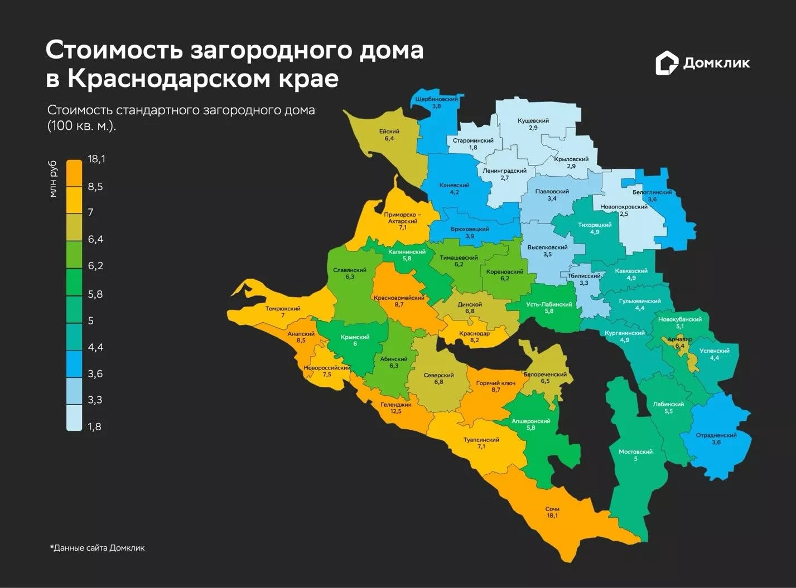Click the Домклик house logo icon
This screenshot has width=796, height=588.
click(666, 64)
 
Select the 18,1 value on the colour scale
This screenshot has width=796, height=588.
click(96, 159)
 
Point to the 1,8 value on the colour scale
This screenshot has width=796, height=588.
click(95, 427)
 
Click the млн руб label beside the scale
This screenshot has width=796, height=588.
click(53, 178)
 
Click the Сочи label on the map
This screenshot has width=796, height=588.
click(552, 509)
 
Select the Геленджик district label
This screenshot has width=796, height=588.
click(396, 405)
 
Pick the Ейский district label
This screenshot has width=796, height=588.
click(389, 132)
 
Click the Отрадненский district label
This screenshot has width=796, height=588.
click(716, 435)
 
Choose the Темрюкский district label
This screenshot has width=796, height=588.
click(283, 309)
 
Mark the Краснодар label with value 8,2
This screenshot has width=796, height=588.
click(474, 333)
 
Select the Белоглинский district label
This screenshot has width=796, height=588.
click(652, 192)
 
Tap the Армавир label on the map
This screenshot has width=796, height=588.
click(681, 339)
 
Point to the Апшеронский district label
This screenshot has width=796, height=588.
click(531, 421)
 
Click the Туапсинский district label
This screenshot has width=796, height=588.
click(481, 440)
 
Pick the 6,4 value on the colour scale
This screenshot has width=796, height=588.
click(95, 240)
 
